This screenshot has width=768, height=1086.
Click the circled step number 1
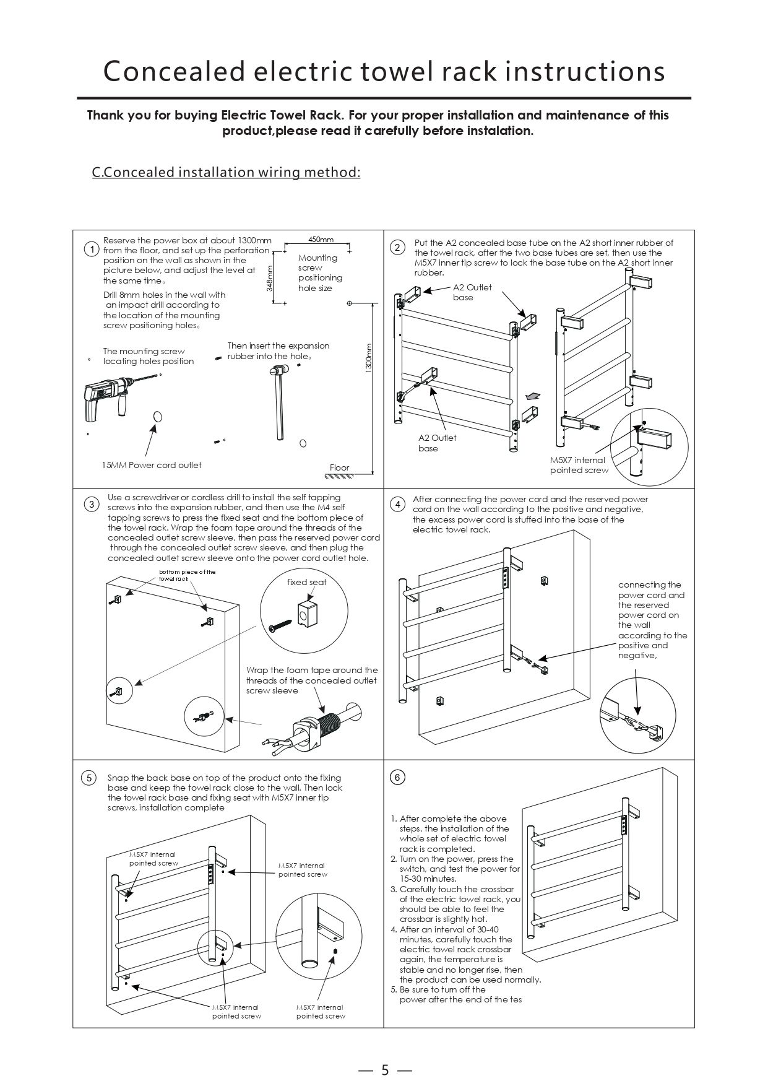pos(91,250)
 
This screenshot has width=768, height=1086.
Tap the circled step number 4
pos(398,504)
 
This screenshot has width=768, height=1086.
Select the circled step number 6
pos(398,777)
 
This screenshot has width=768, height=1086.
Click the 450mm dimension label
pos(321,240)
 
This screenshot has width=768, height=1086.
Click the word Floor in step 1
pos(339,467)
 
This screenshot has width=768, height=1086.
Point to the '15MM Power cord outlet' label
pos(152,465)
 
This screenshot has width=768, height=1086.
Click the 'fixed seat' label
pos(306,582)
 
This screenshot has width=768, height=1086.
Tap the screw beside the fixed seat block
pos(280,625)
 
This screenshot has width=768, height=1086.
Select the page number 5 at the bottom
pos(384,1053)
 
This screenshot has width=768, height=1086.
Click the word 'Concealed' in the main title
pos(175,71)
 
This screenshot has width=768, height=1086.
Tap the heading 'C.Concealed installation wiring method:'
pos(226,172)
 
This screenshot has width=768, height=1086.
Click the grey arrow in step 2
pos(531,395)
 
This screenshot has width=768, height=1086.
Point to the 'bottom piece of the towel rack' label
pos(187,575)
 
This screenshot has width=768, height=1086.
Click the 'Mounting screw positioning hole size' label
pos(320,272)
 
